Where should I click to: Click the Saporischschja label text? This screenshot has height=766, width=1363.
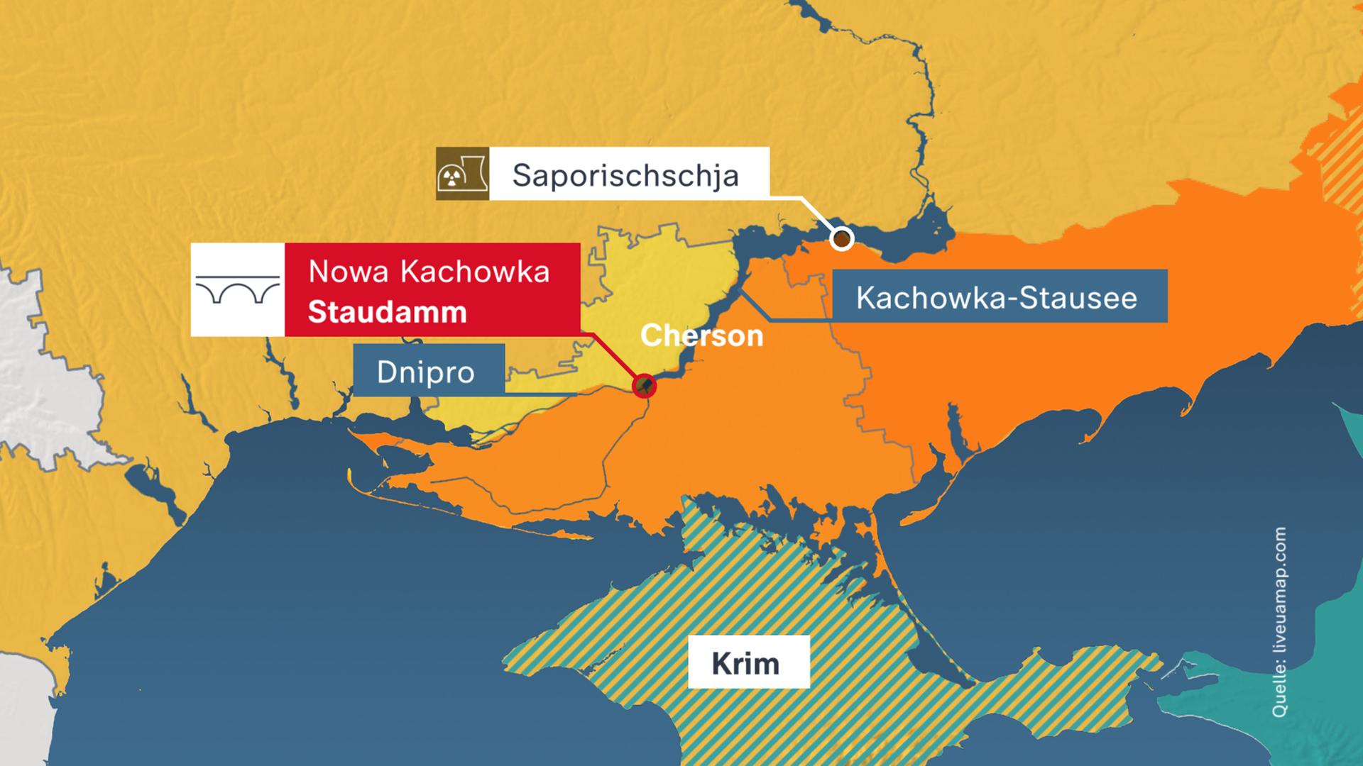point(625,175)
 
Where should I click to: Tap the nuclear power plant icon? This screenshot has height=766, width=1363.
point(461,174)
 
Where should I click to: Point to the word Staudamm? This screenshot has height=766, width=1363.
point(387,312)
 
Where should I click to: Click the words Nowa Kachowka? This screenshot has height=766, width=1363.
point(429,272)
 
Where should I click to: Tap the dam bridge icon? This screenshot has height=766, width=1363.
point(237,289)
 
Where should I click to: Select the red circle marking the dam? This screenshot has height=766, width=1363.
point(644,386)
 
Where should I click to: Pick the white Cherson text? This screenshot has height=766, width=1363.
point(701,335)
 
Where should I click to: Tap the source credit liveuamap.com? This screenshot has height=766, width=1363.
point(1279,621)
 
